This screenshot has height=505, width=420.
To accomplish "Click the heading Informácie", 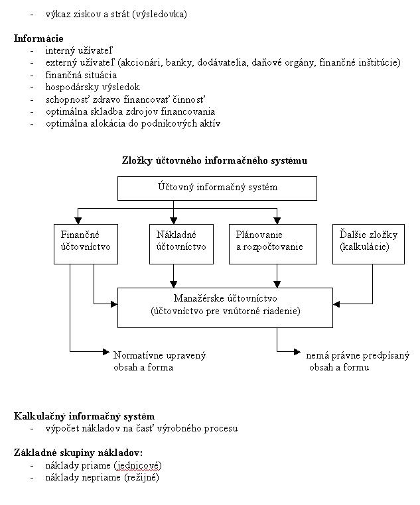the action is (x=38, y=38).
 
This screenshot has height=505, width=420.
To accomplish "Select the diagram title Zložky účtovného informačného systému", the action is (x=214, y=160).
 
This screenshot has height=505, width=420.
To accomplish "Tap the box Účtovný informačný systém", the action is (x=217, y=188).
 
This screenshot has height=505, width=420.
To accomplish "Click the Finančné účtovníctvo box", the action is (x=86, y=244).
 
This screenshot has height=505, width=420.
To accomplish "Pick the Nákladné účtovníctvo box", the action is (x=182, y=244).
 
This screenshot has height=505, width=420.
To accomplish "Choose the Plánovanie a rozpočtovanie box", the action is (x=273, y=244).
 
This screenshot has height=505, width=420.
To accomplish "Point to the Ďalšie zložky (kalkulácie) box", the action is (x=368, y=244).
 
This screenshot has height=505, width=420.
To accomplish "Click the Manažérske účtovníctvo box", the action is (x=225, y=308).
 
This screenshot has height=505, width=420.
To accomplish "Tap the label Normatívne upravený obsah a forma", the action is (x=159, y=361).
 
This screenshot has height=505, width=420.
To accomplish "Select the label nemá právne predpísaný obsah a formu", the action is (x=358, y=361).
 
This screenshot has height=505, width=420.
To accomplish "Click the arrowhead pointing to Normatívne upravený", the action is (x=106, y=352).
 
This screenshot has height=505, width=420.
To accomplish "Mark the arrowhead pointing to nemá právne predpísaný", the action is (x=297, y=352).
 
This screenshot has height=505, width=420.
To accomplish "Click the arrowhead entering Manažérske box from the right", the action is (x=336, y=304).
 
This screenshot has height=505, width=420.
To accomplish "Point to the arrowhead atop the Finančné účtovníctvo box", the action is (x=78, y=221).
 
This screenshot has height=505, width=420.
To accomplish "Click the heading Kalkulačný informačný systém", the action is (x=84, y=416).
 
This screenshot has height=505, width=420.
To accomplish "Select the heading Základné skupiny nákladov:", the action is (x=78, y=453).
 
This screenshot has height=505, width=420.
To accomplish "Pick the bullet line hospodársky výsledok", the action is (x=93, y=87).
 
